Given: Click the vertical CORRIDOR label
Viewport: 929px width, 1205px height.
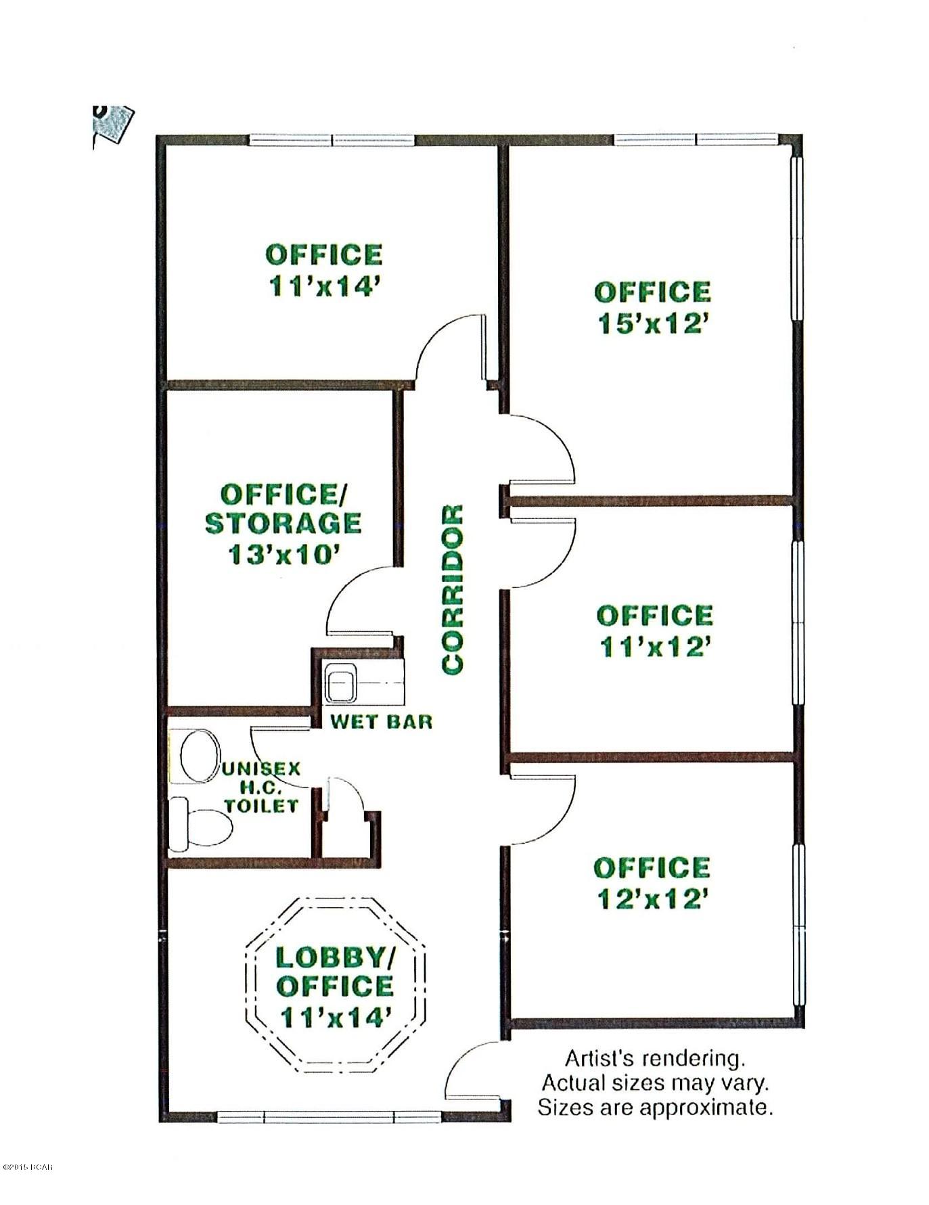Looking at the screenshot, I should click(452, 589).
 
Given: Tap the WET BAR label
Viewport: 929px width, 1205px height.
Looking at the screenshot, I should click(381, 721).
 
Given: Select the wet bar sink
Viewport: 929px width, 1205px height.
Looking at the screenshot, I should click(342, 684).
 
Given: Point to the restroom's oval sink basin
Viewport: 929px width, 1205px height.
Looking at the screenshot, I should click(200, 754).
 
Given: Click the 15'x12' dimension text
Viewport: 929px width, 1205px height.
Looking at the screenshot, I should click(653, 325).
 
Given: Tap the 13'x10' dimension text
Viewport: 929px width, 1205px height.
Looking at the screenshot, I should click(283, 555).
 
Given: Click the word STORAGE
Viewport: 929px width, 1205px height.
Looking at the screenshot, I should click(283, 524).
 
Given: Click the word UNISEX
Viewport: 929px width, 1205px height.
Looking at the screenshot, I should click(261, 769).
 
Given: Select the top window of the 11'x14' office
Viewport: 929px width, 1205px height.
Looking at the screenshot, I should click(332, 140).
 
